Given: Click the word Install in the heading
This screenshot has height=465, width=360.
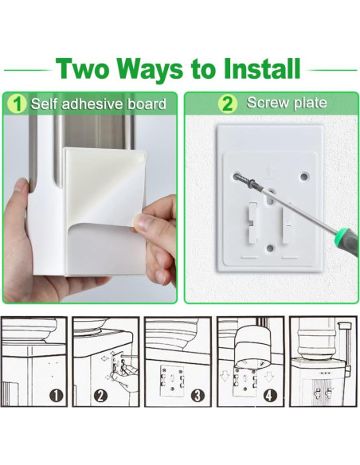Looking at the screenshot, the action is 262,68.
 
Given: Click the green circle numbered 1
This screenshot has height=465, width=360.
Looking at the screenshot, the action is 18,104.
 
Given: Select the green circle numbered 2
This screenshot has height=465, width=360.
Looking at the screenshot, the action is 228,104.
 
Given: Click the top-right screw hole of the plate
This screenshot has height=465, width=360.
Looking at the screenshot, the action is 304,177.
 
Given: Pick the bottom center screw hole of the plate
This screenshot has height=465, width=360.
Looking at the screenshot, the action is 270,248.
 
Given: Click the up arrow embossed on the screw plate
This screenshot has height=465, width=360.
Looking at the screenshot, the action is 268,172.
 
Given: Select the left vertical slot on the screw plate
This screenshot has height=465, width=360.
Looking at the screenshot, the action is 252,222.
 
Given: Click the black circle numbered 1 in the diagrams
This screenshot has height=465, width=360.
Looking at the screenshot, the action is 56,396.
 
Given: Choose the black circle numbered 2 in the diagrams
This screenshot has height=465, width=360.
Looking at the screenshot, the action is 100,396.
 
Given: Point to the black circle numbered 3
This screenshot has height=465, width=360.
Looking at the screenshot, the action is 198,396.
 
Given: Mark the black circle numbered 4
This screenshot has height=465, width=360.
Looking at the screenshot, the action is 270,396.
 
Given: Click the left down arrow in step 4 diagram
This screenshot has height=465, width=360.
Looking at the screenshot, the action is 225,377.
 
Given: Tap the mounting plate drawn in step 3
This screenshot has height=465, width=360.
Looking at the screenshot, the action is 172,381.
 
